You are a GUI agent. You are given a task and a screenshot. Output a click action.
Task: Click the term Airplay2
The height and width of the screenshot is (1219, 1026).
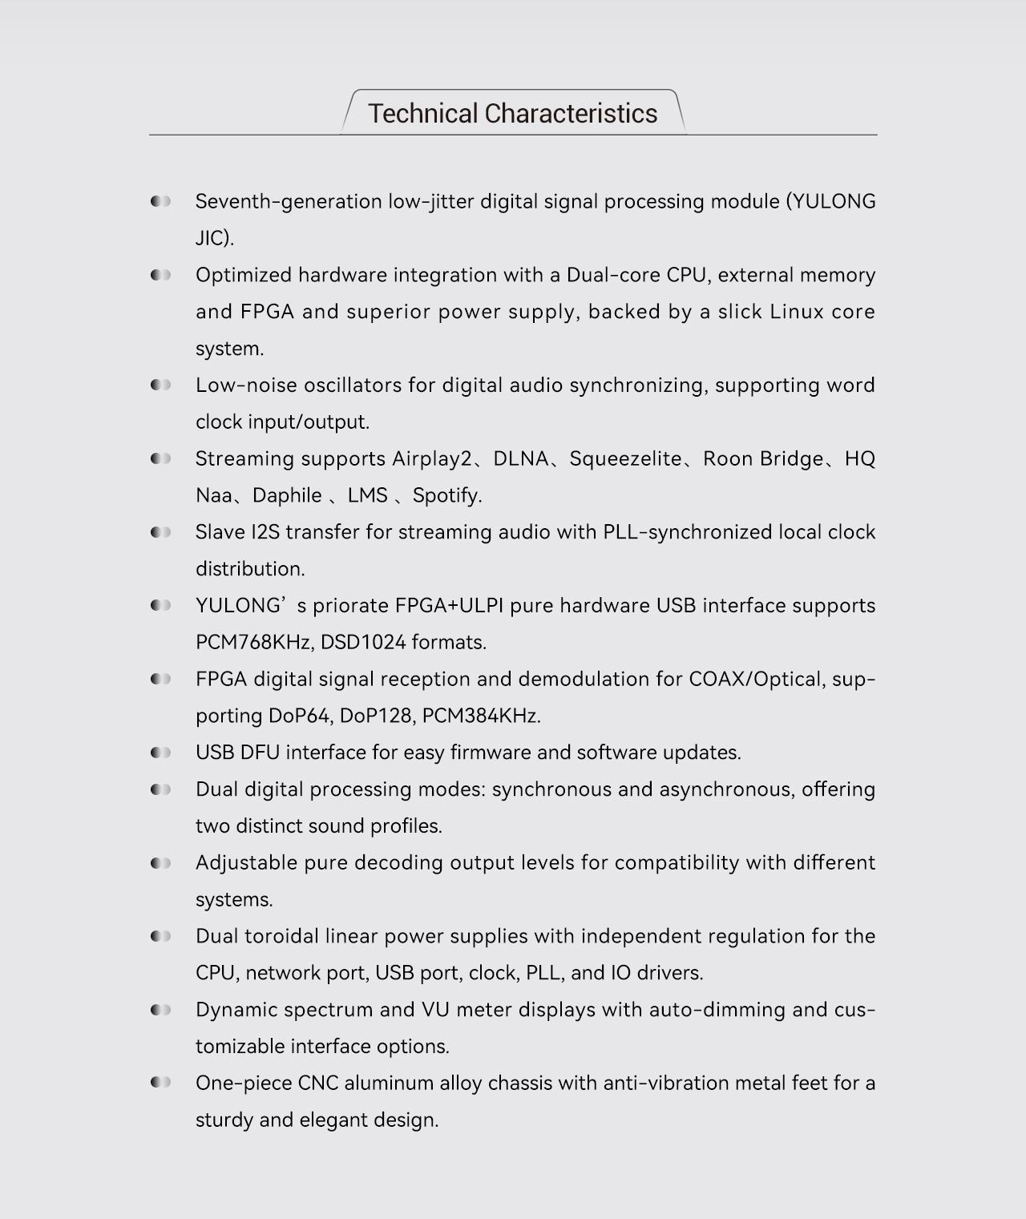click(432, 459)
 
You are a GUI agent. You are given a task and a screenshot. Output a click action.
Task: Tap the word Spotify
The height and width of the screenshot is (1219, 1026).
click(446, 496)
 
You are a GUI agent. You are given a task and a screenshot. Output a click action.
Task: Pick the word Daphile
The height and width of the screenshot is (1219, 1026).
click(287, 496)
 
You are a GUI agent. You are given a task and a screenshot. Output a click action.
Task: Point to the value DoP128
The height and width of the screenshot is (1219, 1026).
click(374, 716)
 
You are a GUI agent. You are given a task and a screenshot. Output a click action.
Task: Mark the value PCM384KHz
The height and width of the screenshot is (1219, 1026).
click(480, 716)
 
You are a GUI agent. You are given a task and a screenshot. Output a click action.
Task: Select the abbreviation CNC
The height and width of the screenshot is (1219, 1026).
click(318, 1084)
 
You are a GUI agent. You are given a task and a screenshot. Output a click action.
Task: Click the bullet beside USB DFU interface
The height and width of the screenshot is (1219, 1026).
click(160, 753)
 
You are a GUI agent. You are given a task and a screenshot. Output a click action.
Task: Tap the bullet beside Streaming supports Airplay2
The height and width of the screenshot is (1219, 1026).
click(160, 459)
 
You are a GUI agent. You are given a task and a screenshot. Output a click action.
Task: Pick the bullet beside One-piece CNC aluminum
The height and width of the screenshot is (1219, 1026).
click(160, 1084)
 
